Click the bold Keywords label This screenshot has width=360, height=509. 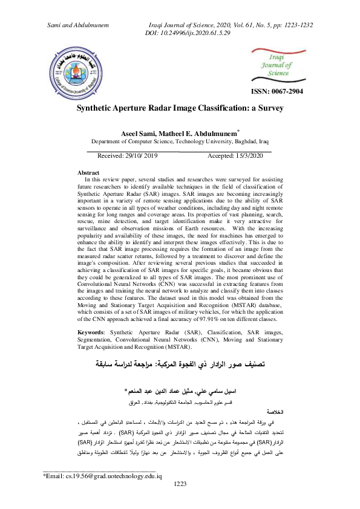[97, 333]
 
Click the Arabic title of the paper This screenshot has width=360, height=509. [180, 365]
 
